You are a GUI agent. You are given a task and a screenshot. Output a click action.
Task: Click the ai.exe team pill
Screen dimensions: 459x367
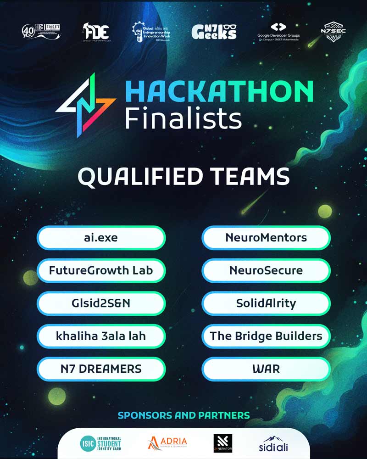[101, 238]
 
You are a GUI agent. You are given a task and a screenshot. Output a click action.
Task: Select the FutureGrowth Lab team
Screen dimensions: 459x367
[101, 270]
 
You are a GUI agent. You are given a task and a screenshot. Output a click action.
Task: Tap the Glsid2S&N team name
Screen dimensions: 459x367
[101, 303]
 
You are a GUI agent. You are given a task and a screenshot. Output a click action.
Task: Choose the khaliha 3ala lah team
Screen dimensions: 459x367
[101, 336]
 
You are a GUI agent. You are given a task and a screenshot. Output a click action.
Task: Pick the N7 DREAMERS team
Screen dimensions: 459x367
[101, 369]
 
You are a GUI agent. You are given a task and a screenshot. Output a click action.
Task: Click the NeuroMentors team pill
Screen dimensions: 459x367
[266, 238]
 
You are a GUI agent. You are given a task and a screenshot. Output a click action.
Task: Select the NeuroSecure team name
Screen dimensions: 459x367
[266, 270]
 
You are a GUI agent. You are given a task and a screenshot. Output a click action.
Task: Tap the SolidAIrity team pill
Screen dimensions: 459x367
[266, 303]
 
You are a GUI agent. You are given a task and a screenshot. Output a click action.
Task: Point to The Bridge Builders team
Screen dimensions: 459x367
[266, 336]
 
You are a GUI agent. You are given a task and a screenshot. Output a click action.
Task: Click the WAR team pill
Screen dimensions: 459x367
[266, 369]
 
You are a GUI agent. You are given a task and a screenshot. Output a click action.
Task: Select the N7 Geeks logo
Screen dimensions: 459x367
[214, 31]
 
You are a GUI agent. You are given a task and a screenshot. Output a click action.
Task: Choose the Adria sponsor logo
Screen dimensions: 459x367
[167, 443]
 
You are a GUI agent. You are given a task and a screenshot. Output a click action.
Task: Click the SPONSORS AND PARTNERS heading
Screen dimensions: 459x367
[183, 415]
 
